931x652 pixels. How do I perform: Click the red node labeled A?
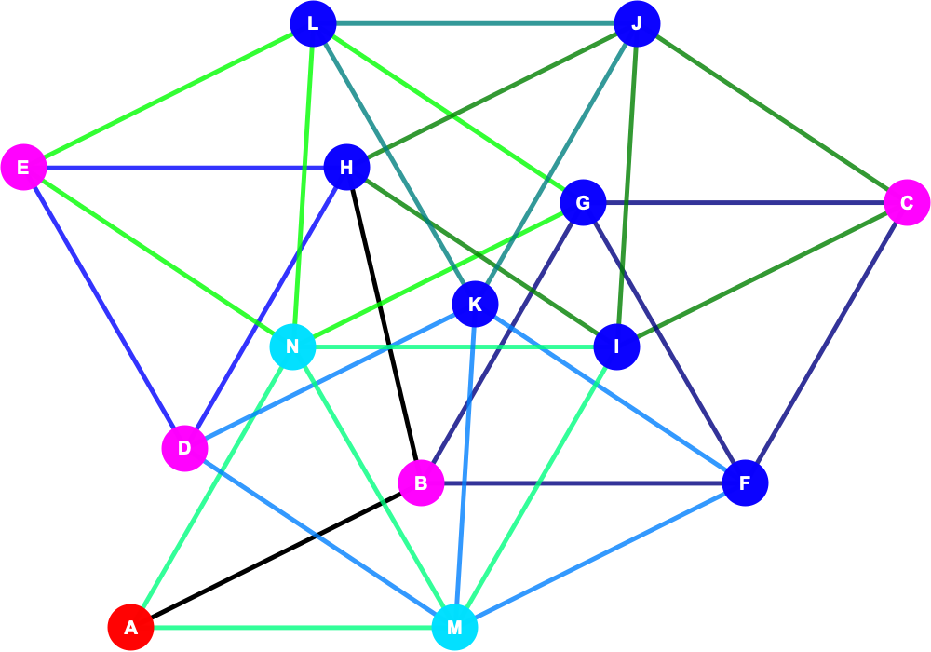pos(130,627)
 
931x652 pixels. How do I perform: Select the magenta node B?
pos(421,482)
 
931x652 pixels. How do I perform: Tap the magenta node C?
pos(907,202)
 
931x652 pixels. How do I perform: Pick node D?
pos(184,448)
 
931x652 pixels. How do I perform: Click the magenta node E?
pos(23,168)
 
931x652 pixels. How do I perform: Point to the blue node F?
pos(745,482)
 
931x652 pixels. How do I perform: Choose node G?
pos(583,202)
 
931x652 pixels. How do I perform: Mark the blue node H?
pos(346,168)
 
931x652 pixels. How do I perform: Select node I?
pos(617,346)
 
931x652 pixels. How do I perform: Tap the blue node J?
pos(637,24)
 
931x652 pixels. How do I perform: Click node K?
pos(475,304)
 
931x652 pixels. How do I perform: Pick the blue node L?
pos(313,24)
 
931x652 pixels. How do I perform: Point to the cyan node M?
pos(454,627)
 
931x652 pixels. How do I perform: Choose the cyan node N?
pos(292,346)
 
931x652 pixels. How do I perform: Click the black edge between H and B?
pos(384,325)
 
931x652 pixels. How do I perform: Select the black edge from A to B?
pos(276,555)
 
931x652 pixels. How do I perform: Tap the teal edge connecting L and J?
pos(475,24)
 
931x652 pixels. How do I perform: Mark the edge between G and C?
pos(745,202)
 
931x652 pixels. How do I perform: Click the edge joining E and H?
pos(184,168)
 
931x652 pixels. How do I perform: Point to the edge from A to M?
pos(292,627)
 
